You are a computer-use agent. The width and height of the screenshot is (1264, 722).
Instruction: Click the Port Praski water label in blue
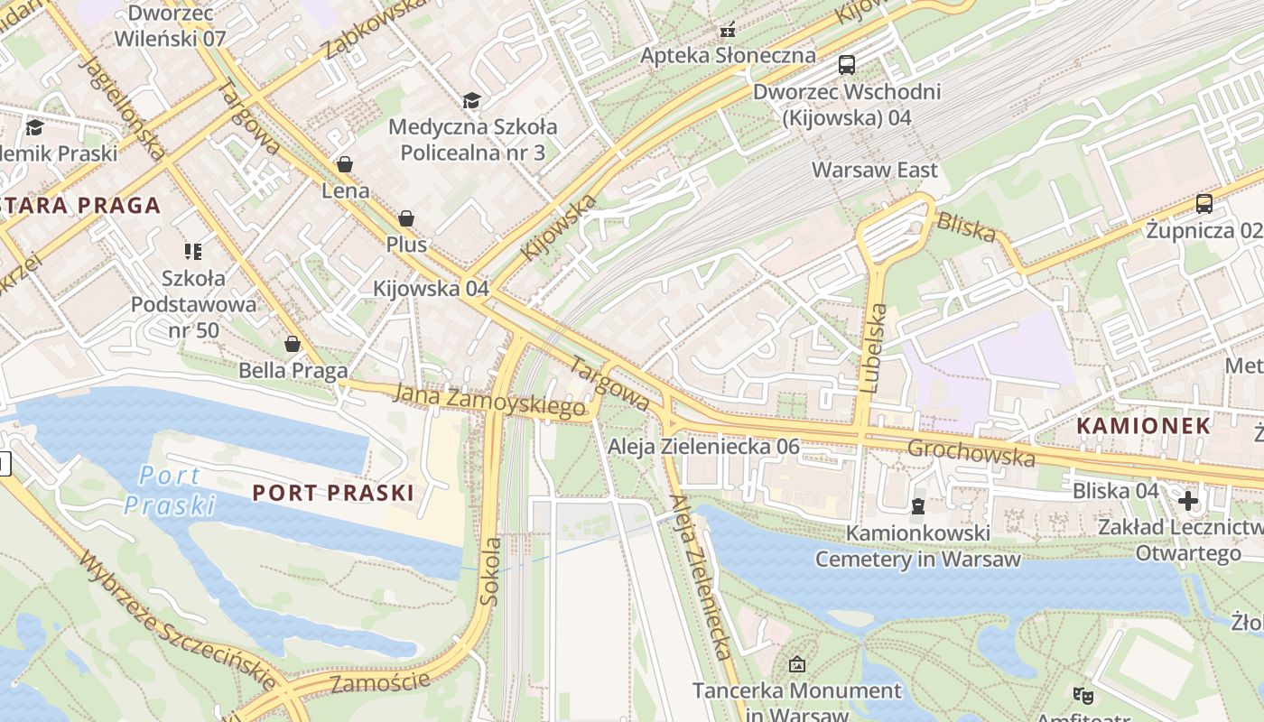tap(170, 490)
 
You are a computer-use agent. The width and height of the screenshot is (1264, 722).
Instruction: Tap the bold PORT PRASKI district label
tap(333, 493)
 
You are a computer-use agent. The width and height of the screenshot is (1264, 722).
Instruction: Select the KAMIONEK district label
tap(1144, 426)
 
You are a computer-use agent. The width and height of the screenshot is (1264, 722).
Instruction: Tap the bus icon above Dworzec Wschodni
tap(847, 65)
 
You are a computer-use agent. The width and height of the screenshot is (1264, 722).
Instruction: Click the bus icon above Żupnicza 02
tap(1204, 204)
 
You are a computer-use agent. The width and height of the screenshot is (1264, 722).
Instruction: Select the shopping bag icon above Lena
tap(344, 164)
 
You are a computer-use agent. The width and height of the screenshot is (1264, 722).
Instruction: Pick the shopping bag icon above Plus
tap(406, 218)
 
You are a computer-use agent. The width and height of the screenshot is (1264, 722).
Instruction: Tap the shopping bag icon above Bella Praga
tap(293, 344)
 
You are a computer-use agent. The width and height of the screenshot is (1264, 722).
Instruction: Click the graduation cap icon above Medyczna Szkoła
tap(471, 100)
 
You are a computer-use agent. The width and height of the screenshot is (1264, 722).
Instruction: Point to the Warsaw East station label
tap(874, 170)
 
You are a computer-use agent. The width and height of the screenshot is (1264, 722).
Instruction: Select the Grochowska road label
tap(971, 453)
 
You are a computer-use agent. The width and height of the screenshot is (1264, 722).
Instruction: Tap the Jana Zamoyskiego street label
tap(490, 401)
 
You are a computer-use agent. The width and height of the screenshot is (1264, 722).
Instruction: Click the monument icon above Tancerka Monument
tap(796, 665)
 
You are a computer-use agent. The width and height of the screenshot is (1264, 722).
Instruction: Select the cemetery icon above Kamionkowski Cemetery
tap(918, 506)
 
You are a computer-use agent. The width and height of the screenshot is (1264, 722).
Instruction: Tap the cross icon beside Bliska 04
tap(1188, 500)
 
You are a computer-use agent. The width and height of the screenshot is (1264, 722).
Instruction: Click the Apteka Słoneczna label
tap(728, 55)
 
